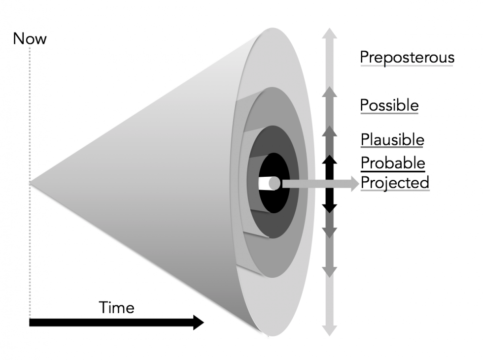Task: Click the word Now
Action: (30, 38)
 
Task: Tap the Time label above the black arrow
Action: (117, 308)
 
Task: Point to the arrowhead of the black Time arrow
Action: (198, 323)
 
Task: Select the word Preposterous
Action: (407, 57)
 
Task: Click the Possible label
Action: (389, 105)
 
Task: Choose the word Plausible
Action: (392, 139)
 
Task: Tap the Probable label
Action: (392, 162)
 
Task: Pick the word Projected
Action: (395, 182)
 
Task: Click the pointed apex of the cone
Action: (31, 183)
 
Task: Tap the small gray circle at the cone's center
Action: (275, 184)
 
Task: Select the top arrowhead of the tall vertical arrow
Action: (330, 33)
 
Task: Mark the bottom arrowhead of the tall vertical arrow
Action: (330, 331)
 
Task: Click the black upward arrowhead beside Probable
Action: (330, 160)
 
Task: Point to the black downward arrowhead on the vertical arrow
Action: (330, 208)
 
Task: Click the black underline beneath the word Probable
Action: (392, 171)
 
